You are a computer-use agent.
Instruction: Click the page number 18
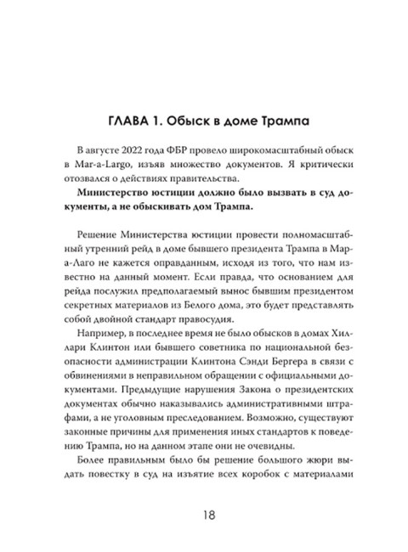click(x=204, y=515)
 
